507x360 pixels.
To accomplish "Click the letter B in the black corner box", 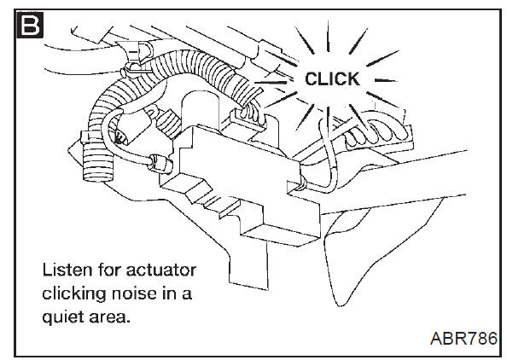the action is click(x=30, y=25).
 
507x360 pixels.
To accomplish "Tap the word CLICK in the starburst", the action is click(x=332, y=78).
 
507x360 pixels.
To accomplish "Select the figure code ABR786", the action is click(x=463, y=339).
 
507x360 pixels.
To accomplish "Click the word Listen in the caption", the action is click(x=64, y=270).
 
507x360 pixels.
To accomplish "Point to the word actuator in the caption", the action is click(x=160, y=270).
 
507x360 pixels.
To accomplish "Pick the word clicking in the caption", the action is click(x=74, y=294).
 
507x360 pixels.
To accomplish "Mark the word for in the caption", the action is click(x=106, y=270).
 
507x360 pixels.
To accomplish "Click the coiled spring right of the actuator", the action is click(x=377, y=133).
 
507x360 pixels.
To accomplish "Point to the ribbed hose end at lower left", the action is click(x=97, y=165).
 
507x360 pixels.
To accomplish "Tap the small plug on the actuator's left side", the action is click(x=160, y=164).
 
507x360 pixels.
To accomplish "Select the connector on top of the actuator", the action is click(x=248, y=120).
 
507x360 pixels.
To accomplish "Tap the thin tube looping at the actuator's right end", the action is click(x=327, y=161).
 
